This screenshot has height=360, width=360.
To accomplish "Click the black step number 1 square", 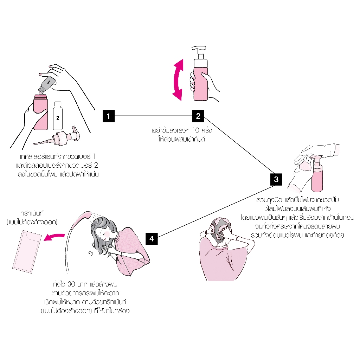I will click(109, 116).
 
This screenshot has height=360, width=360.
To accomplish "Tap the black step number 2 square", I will click(198, 116).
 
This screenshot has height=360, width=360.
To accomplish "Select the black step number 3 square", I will click(276, 179).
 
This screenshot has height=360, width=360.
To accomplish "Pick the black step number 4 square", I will click(152, 238).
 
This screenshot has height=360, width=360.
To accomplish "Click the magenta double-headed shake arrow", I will click(178, 79).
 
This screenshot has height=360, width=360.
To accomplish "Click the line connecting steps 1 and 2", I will click(154, 116).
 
